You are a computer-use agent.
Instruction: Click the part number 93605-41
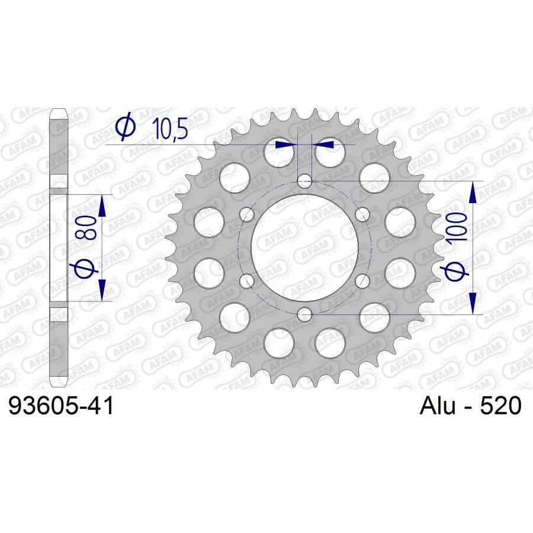point(61,406)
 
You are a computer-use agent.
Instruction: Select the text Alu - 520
point(470,405)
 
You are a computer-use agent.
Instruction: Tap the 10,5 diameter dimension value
point(170,129)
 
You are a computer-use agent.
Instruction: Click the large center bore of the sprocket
point(304,248)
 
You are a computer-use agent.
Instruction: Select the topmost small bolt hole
point(304,181)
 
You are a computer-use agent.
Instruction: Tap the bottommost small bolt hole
point(304,314)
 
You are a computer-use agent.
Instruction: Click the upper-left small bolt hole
point(247,214)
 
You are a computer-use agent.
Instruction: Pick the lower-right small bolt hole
point(362,281)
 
